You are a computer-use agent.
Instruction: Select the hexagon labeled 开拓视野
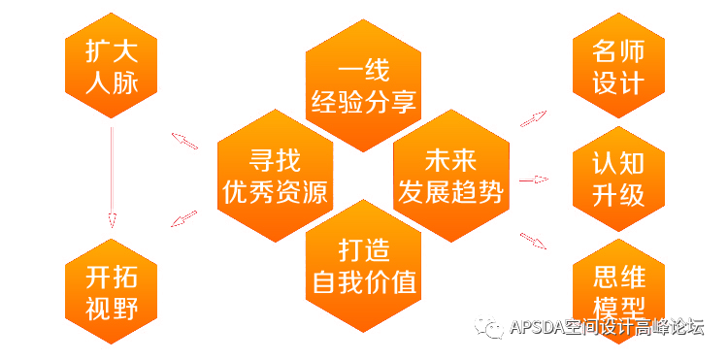pyautogui.click(x=112, y=292)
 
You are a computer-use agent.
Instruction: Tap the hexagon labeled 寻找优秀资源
pyautogui.click(x=276, y=175)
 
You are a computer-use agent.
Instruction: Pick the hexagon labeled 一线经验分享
pyautogui.click(x=362, y=85)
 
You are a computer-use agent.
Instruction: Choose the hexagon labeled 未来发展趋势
pyautogui.click(x=450, y=176)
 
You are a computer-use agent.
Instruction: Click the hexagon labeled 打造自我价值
pyautogui.click(x=363, y=266)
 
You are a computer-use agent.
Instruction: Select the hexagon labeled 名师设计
pyautogui.click(x=618, y=65)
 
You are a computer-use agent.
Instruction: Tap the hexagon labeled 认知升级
pyautogui.click(x=618, y=179)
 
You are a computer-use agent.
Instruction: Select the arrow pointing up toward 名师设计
pyautogui.click(x=533, y=119)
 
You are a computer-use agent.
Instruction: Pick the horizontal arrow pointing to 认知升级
pyautogui.click(x=535, y=180)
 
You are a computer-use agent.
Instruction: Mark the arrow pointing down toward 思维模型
pyautogui.click(x=533, y=240)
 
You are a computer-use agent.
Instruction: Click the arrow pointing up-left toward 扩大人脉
pyautogui.click(x=184, y=141)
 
